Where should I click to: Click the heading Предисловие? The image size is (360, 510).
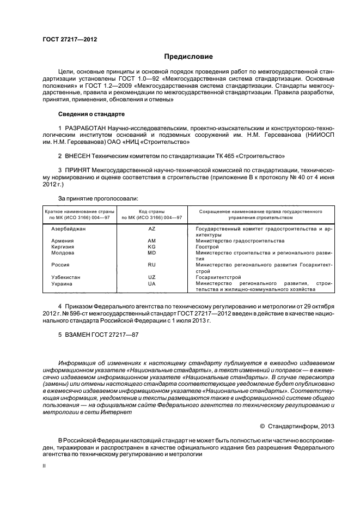tap(189, 57)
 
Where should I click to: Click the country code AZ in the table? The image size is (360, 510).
tap(151, 229)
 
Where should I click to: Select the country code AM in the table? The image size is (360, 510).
tap(151, 240)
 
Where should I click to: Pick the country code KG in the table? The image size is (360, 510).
tap(151, 246)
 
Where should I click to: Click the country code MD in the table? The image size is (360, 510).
tap(151, 253)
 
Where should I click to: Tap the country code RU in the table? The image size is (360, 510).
tap(151, 265)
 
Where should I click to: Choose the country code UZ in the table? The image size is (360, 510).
tap(151, 277)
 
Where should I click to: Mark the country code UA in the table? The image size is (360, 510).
tap(151, 283)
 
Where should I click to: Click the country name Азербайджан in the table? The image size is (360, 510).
tap(68, 229)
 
